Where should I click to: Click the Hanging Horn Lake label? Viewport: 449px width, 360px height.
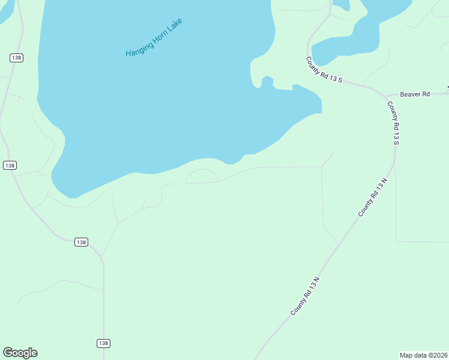click(x=153, y=38)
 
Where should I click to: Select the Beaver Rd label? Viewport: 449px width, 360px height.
click(x=415, y=94)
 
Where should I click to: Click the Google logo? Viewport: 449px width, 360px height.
click(x=20, y=353)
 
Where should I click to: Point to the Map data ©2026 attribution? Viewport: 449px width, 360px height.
click(x=423, y=355)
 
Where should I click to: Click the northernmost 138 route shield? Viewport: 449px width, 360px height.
click(x=16, y=58)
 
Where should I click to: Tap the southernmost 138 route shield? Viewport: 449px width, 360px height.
click(x=103, y=343)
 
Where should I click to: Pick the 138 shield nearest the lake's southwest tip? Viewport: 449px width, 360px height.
click(x=10, y=165)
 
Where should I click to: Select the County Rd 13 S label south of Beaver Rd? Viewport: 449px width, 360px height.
click(x=393, y=123)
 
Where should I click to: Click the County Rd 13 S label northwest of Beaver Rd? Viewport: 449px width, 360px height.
click(x=324, y=70)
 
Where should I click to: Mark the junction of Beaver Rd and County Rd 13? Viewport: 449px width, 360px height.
click(x=386, y=95)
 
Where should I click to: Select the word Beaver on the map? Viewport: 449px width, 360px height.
click(x=411, y=94)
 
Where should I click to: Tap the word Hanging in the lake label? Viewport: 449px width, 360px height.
click(x=137, y=47)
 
